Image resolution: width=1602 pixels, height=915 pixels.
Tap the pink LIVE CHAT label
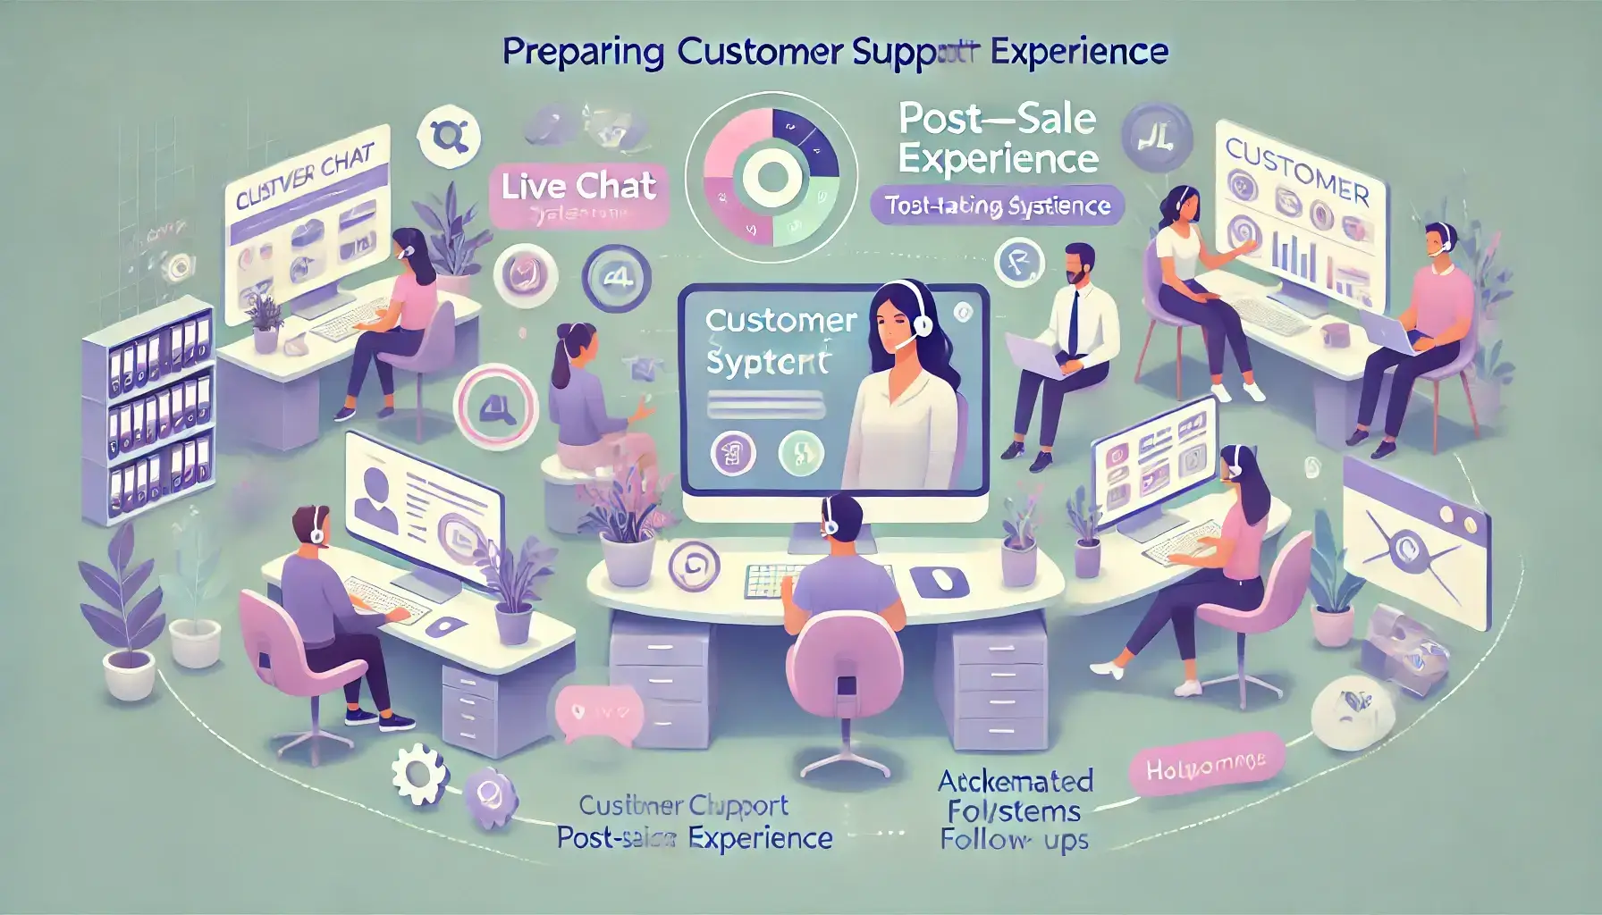[578, 187]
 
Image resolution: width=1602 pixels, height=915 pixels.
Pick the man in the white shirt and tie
[1068, 340]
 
